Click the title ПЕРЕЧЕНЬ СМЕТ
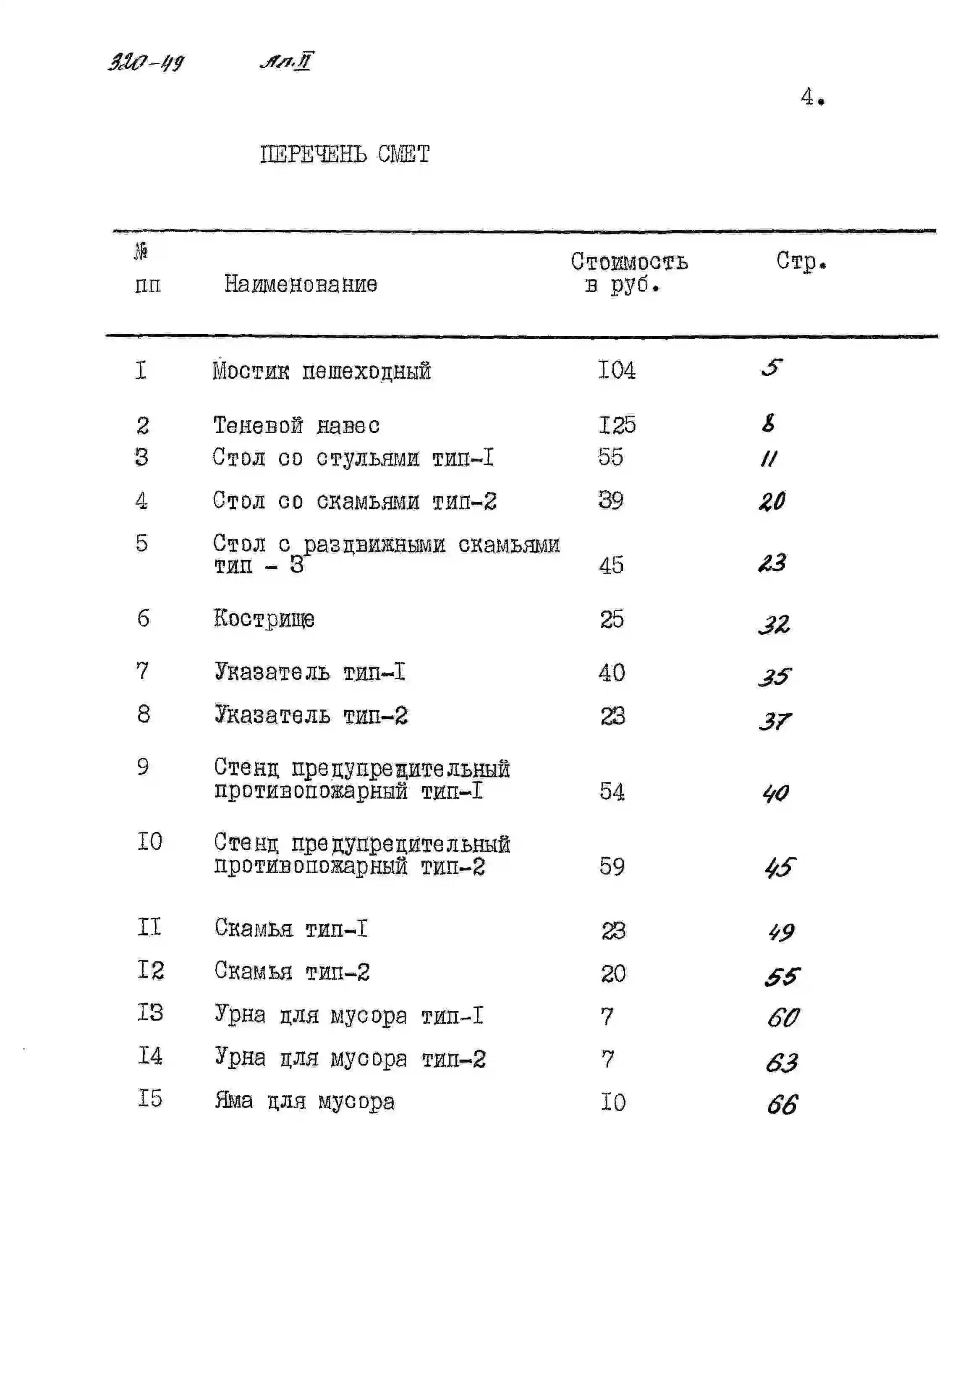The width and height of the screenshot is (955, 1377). [345, 154]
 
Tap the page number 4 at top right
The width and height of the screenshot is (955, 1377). [808, 97]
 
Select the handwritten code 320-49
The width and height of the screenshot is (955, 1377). [146, 62]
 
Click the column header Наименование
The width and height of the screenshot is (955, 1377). [301, 284]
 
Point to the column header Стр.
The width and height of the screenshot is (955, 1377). [801, 261]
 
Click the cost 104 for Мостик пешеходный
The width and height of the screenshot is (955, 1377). [617, 370]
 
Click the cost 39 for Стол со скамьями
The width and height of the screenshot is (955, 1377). [611, 500]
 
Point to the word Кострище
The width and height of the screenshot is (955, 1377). [264, 618]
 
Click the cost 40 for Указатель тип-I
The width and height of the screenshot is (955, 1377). [612, 673]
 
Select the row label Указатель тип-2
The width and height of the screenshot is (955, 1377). [311, 715]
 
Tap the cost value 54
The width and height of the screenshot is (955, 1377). [612, 792]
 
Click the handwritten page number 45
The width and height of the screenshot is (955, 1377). [780, 867]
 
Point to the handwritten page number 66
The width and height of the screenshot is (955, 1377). [782, 1105]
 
